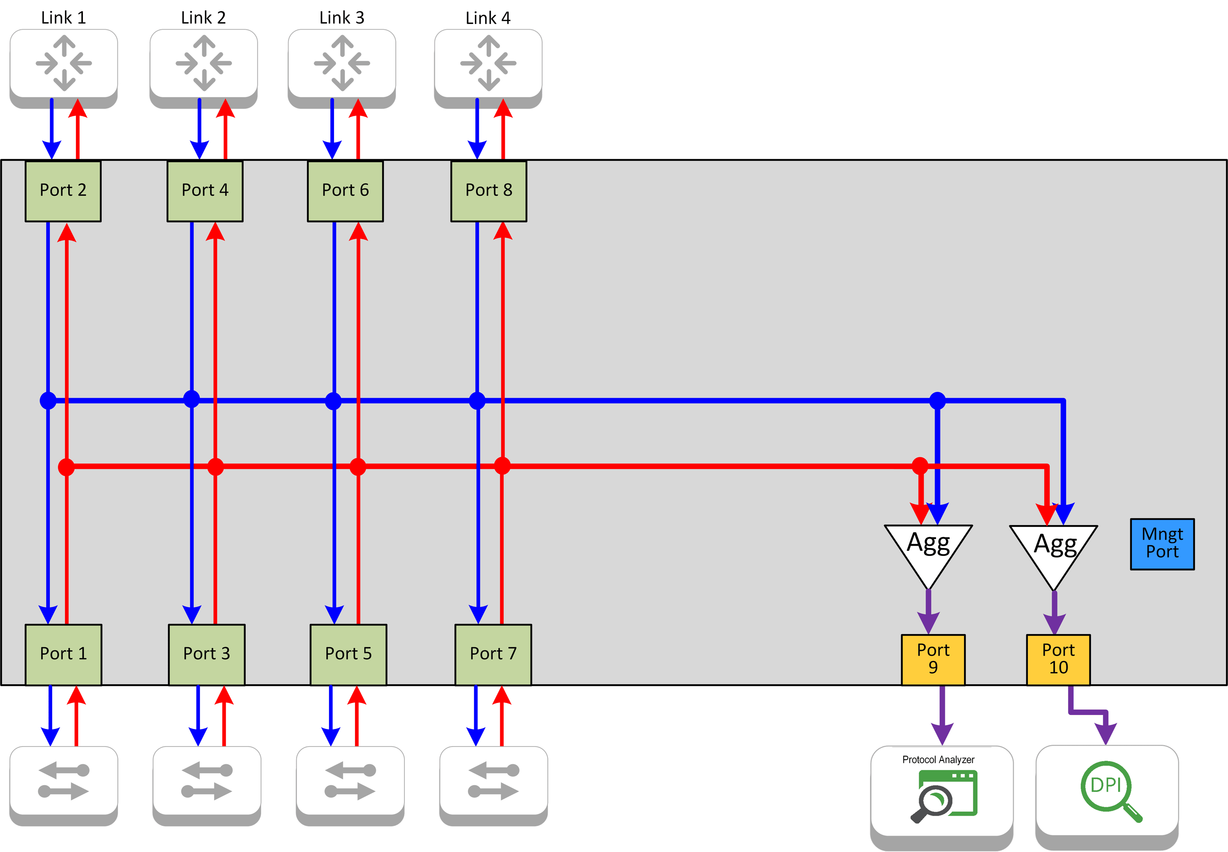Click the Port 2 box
tap(63, 191)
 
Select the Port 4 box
tap(205, 191)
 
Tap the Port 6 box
tap(345, 191)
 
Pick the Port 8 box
tap(488, 191)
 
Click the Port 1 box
tap(63, 654)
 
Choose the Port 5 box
tap(348, 654)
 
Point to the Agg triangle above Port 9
tap(929, 550)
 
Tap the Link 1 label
tap(63, 18)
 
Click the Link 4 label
tap(488, 18)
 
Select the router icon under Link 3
tap(342, 63)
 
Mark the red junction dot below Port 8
tap(502, 466)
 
